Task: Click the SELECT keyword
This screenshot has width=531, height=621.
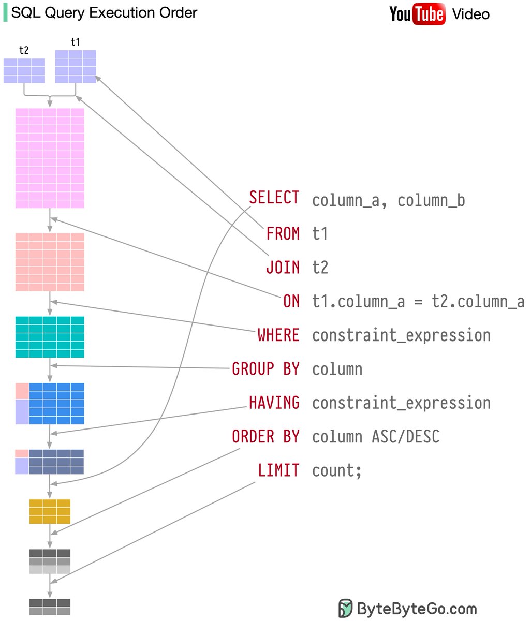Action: [x=274, y=198]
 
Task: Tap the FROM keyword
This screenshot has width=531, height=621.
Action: [x=283, y=234]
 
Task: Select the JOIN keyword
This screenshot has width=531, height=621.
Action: [x=283, y=268]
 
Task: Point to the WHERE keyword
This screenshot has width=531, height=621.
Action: [x=278, y=335]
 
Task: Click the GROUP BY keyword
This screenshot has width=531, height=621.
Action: [x=265, y=369]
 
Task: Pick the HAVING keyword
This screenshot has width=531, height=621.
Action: [x=274, y=403]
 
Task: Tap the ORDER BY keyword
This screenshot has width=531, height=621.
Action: [x=265, y=437]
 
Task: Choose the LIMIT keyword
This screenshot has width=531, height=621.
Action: [x=278, y=470]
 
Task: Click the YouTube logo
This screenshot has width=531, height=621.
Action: [x=417, y=14]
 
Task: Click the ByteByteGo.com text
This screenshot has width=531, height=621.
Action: [x=417, y=608]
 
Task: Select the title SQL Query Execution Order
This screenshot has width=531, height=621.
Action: [x=104, y=13]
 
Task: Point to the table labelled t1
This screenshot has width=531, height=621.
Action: [x=76, y=66]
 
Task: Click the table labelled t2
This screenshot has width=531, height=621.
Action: [x=24, y=70]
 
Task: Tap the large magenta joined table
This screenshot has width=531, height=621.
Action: [x=50, y=158]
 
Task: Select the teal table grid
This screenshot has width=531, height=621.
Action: [x=50, y=337]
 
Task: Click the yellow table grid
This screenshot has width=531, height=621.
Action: [x=50, y=511]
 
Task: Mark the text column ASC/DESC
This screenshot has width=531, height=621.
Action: [x=375, y=437]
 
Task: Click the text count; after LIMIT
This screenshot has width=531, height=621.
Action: [x=336, y=470]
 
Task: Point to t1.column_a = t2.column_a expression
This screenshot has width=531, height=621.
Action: [x=418, y=302]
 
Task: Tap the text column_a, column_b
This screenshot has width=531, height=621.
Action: [x=388, y=200]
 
